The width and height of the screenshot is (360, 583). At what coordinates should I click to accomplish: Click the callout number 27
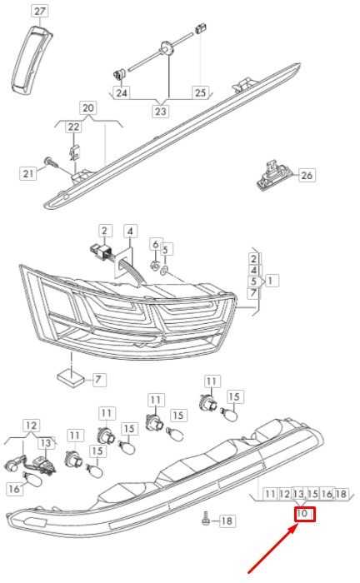39,11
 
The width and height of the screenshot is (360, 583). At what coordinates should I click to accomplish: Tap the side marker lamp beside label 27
31,59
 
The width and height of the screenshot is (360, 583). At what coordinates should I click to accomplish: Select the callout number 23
160,111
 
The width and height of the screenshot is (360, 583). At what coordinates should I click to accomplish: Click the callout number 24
121,92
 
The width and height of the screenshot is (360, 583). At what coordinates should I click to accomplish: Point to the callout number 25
200,92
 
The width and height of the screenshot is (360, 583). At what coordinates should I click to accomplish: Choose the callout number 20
88,107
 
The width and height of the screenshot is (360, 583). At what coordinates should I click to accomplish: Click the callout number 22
73,127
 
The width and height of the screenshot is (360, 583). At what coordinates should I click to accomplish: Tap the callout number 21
28,173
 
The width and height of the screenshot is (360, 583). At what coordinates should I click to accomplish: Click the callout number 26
307,175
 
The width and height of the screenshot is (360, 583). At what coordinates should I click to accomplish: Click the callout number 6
156,244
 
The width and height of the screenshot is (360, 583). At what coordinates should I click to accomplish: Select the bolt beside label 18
205,519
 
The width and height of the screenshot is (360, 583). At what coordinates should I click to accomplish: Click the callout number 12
31,426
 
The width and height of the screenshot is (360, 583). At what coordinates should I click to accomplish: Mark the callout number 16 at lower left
14,489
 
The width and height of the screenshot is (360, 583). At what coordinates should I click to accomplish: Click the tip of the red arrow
298,524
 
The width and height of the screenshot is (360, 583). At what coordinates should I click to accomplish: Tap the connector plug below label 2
100,250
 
